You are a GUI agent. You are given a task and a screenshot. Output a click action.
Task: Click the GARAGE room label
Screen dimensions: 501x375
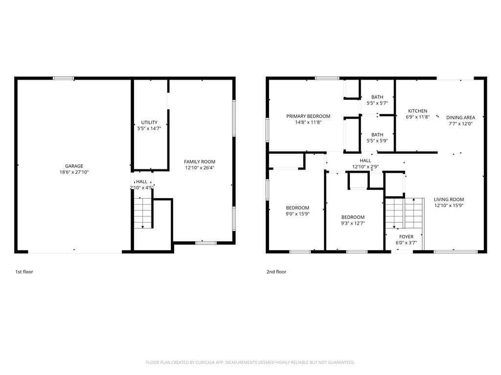click(x=74, y=166)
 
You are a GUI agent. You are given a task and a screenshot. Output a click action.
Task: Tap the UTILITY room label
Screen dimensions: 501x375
click(x=149, y=122)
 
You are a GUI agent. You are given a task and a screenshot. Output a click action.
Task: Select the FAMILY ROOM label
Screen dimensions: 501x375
click(x=200, y=162)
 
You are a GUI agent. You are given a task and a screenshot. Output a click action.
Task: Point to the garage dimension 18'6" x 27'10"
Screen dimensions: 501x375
click(x=74, y=172)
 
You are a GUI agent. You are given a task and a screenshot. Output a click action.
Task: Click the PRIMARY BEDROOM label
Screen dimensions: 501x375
click(x=308, y=116)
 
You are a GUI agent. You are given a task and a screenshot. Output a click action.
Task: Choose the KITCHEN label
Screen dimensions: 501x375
click(x=418, y=111)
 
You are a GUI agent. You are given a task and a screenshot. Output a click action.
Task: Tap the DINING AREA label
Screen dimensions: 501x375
click(x=461, y=117)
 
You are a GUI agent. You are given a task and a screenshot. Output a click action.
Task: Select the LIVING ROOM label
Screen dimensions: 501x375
click(x=449, y=199)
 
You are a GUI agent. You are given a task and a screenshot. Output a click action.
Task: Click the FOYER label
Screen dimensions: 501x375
click(x=407, y=237)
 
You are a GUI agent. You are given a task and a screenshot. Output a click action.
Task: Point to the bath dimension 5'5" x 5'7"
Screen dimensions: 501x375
click(x=377, y=103)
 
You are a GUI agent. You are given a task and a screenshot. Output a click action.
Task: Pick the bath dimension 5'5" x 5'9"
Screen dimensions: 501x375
click(x=377, y=141)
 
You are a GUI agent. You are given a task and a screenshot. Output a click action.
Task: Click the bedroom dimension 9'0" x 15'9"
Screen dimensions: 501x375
click(x=297, y=214)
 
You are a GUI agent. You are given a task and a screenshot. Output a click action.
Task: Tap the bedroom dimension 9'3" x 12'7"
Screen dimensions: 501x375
click(x=353, y=223)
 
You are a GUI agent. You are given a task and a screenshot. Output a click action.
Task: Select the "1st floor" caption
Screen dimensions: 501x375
click(x=24, y=271)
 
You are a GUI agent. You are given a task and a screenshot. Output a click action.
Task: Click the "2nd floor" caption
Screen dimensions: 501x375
click(x=276, y=271)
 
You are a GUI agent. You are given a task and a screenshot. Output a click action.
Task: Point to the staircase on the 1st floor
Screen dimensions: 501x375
click(x=142, y=213)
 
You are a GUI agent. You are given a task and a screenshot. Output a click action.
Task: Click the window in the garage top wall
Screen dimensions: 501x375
click(x=63, y=78)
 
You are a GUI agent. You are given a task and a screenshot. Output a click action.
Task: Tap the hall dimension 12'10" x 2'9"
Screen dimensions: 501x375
click(x=365, y=167)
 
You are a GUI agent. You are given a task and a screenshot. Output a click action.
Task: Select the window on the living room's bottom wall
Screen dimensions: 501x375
click(x=455, y=251)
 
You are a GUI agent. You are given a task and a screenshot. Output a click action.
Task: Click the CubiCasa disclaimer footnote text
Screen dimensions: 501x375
click(x=250, y=362)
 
